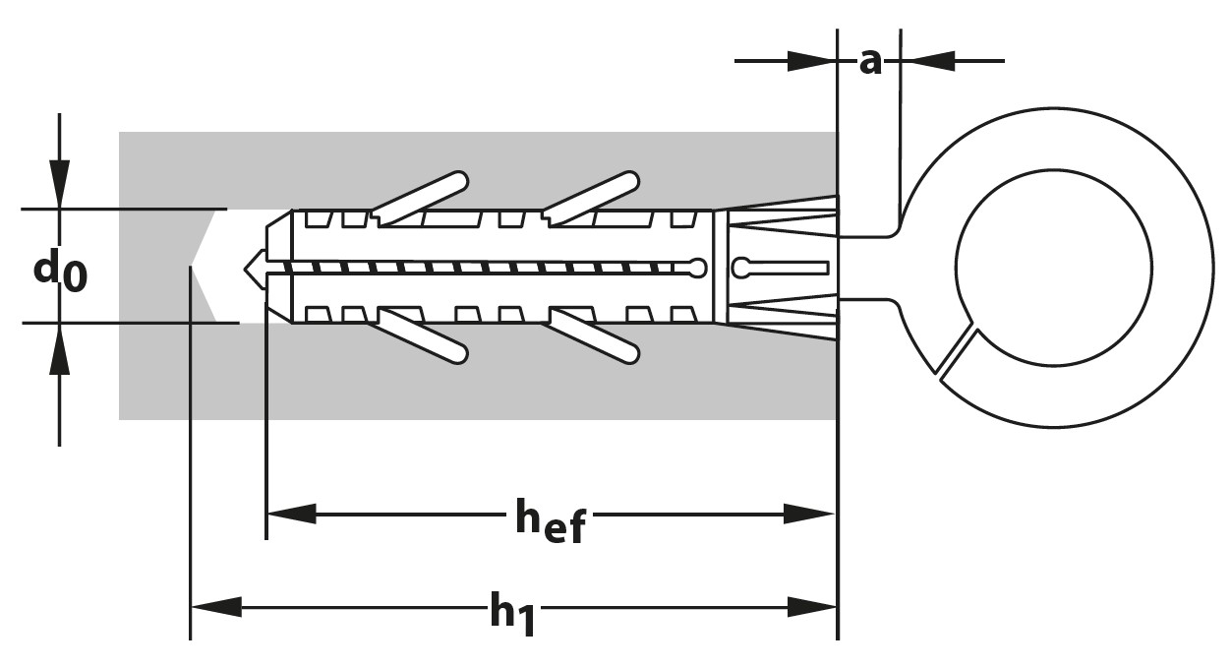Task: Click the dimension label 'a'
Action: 869,61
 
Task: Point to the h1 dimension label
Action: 512,612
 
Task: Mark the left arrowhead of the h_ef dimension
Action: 291,514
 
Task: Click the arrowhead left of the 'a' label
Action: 810,61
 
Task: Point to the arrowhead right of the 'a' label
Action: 929,61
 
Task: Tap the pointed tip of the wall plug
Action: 252,267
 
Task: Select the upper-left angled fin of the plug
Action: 420,197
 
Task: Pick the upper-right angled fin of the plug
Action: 592,197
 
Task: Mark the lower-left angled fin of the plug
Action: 422,336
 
